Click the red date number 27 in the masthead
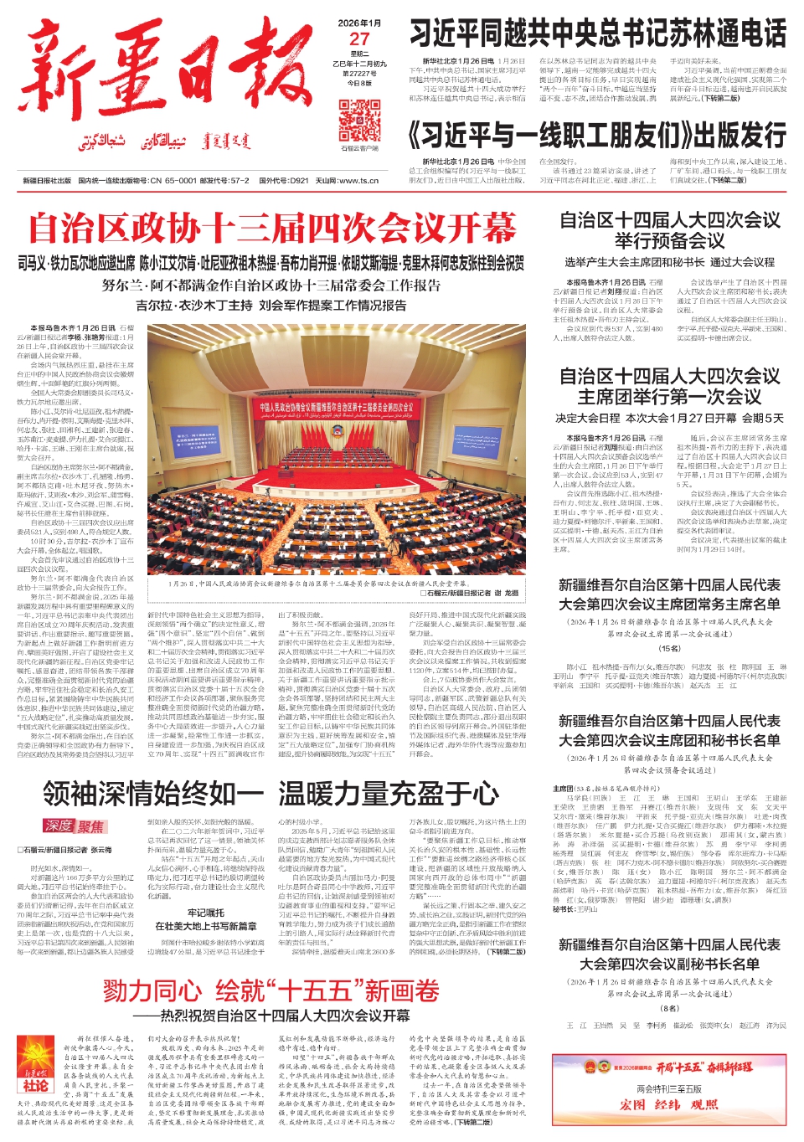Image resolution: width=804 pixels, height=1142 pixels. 359,39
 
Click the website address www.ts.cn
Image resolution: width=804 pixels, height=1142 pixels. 358,180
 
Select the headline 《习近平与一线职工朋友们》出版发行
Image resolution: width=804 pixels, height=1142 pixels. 597,136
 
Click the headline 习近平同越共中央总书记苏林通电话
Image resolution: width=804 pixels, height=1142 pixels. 598,34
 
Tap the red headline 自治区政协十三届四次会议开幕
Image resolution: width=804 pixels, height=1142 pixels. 272,228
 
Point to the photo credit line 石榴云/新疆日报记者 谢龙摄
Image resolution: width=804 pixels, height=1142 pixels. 470,593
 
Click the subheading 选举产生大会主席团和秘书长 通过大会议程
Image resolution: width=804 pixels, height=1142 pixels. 669,262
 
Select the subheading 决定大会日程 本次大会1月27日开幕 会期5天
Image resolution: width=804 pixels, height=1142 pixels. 669,418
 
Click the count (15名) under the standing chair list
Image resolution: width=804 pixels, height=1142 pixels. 669,648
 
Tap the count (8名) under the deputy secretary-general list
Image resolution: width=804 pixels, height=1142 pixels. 669,1008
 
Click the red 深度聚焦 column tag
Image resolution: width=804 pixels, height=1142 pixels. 75,826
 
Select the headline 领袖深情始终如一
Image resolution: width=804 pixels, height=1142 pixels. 153,793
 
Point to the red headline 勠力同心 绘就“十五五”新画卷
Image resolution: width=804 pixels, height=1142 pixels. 272,990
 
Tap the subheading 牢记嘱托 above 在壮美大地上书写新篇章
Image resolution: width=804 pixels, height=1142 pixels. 206,913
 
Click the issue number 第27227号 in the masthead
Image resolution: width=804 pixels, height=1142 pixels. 359,73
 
